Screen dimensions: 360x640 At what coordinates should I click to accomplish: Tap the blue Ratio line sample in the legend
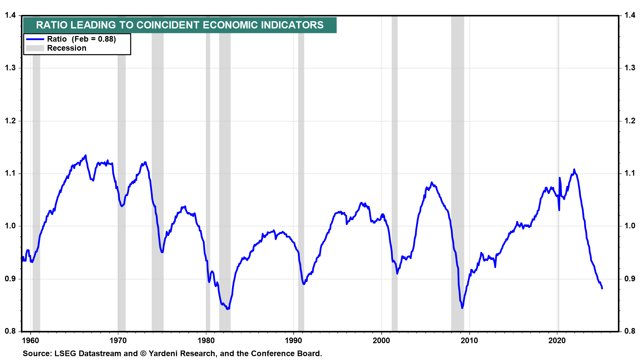coord(35,39)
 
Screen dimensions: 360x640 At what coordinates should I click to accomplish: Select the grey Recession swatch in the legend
coord(35,48)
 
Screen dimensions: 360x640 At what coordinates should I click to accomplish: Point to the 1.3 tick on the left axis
coord(10,68)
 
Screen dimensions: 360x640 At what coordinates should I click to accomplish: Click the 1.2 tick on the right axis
coord(630,121)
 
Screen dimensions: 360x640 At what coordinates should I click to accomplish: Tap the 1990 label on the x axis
coord(294,341)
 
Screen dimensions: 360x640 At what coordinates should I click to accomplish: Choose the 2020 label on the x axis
coord(557,341)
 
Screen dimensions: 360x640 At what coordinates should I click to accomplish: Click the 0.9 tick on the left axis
coord(10,279)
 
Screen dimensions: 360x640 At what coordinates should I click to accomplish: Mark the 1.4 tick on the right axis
coord(630,15)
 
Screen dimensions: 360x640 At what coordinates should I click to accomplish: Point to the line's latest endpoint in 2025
coord(602,288)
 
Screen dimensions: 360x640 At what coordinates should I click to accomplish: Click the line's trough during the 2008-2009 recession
coord(462,308)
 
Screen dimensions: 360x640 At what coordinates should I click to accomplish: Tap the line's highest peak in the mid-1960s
coord(86,155)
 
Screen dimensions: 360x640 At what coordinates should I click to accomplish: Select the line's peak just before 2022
coord(574,170)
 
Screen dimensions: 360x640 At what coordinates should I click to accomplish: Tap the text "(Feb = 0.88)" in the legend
coord(94,39)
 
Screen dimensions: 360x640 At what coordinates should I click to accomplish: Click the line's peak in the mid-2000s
coord(432,182)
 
